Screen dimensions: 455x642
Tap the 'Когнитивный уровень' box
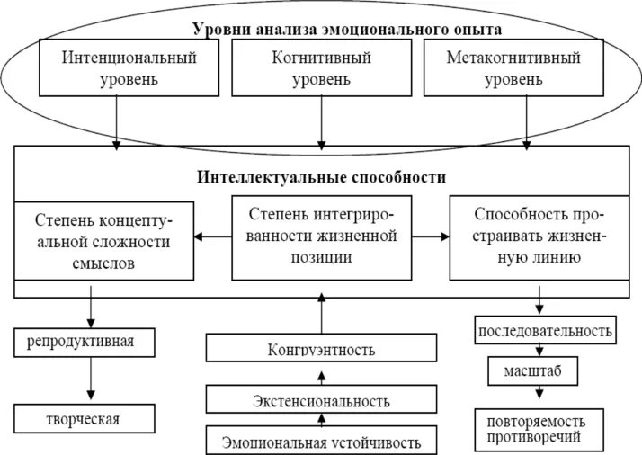pos(322,68)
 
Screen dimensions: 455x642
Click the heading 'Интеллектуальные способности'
pos(321,177)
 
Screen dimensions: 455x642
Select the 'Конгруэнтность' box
pos(321,349)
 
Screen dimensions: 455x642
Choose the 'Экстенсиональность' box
pos(321,399)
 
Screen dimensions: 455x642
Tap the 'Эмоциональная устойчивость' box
pos(321,441)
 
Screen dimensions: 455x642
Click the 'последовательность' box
pos(545,330)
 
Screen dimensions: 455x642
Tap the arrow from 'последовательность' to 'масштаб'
pos(539,351)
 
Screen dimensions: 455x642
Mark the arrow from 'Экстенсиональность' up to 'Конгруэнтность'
pos(321,374)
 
